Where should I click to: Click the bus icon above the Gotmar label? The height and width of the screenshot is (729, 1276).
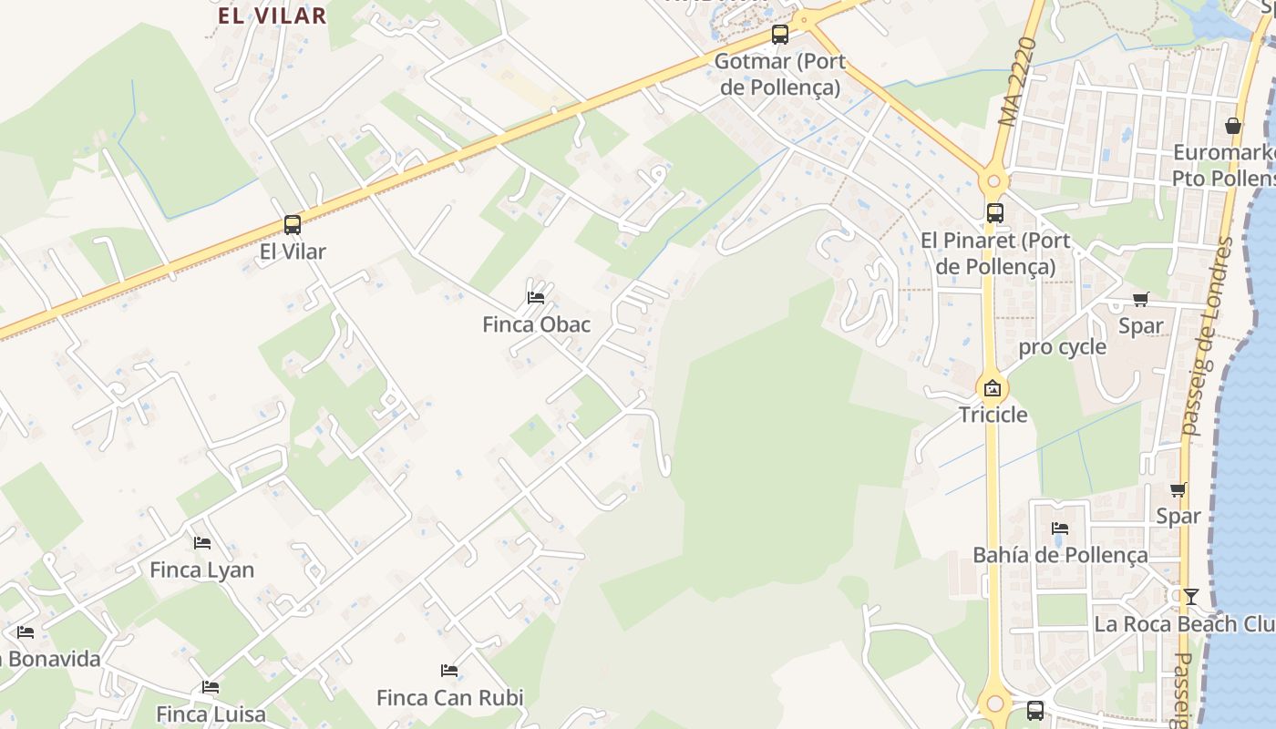tap(779, 35)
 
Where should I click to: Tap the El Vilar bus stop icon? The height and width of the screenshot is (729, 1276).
tap(292, 224)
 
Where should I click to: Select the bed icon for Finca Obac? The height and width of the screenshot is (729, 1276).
tap(536, 297)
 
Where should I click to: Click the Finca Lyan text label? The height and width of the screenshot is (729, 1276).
tap(201, 570)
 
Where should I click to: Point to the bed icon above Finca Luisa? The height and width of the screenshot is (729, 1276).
tap(211, 687)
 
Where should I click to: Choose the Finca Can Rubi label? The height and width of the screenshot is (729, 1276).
tap(450, 698)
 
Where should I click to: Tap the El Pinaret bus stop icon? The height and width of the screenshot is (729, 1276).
tap(994, 213)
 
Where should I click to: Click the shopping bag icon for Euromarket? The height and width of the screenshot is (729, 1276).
tap(1233, 126)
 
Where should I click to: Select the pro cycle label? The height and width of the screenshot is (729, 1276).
tap(1062, 347)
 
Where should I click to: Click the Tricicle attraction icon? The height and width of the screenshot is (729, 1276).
tap(992, 388)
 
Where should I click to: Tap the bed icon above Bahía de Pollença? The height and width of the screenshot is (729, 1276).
tap(1059, 529)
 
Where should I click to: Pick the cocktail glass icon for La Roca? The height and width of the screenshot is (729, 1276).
tap(1190, 597)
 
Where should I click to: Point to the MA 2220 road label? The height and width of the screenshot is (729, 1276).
tap(1019, 82)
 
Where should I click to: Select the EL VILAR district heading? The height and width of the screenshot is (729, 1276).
tap(272, 15)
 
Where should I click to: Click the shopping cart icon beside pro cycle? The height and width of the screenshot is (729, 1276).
tap(1140, 299)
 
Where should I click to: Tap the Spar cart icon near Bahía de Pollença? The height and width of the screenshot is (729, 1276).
tap(1178, 490)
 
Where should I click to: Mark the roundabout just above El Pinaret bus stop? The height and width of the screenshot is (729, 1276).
tap(993, 180)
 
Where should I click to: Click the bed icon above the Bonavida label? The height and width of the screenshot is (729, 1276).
tap(26, 631)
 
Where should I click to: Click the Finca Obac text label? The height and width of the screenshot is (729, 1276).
tap(536, 324)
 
